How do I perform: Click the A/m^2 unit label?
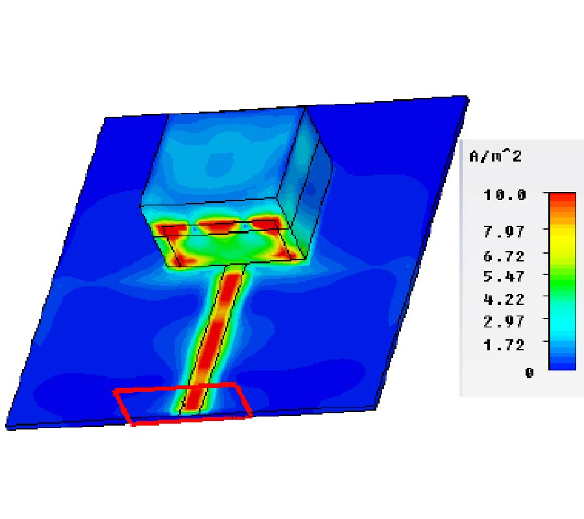(x=495, y=156)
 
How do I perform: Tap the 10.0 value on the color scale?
(x=505, y=195)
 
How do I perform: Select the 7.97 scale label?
(x=504, y=232)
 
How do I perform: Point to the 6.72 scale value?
(x=504, y=256)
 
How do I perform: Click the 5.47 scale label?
(x=504, y=276)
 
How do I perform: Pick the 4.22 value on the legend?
(x=504, y=299)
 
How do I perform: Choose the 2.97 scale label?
(x=504, y=321)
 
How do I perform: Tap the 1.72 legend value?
(x=504, y=344)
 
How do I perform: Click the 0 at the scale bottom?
(x=529, y=372)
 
